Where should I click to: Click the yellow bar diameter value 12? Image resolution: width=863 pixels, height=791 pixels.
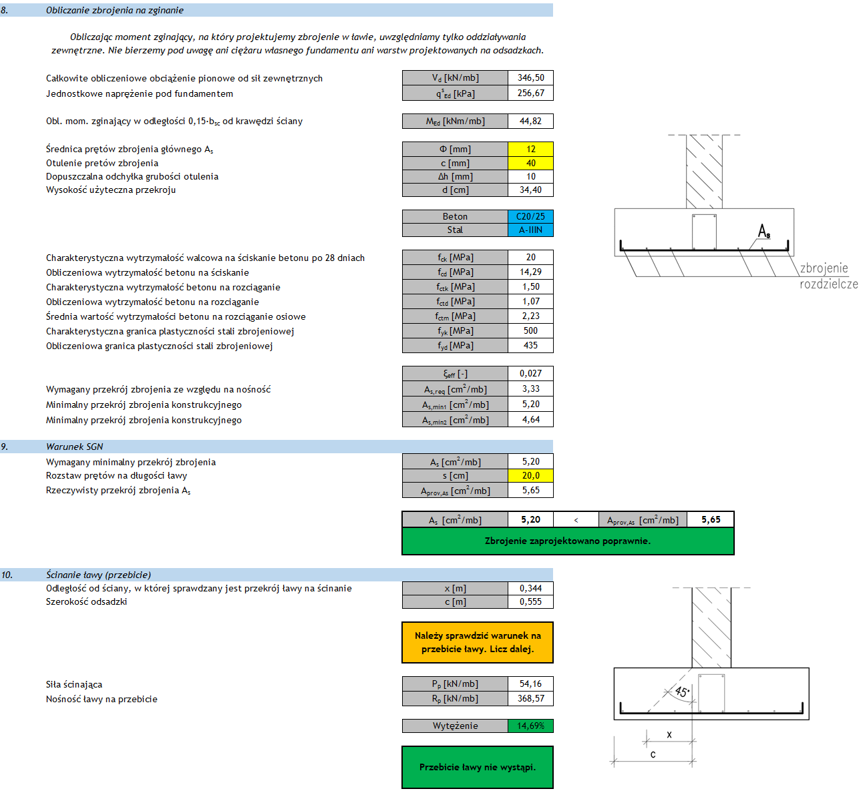530,149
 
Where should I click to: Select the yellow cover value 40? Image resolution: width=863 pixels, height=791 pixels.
530,163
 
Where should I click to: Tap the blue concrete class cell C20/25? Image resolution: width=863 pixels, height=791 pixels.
530,216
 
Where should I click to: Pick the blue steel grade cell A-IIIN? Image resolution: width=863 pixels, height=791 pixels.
530,230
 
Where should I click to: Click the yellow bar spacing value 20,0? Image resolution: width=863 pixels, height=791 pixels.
530,475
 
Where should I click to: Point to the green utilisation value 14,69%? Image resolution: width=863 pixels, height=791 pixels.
530,726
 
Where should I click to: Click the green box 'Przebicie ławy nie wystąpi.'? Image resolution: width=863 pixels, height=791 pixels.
477,767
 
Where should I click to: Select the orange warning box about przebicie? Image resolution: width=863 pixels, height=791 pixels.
477,642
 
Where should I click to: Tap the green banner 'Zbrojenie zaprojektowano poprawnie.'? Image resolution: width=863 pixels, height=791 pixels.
567,541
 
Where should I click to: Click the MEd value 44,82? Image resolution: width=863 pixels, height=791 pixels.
530,121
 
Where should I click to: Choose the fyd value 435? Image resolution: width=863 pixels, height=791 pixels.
530,345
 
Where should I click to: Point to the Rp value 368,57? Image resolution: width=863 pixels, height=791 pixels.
530,698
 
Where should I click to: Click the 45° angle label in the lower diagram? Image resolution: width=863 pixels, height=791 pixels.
682,692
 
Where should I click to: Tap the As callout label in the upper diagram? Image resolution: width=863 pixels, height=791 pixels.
764,231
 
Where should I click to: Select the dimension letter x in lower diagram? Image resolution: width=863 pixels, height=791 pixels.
669,735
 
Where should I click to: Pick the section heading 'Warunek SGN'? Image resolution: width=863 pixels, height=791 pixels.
74,447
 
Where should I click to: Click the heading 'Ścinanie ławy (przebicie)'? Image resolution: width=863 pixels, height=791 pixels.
98,575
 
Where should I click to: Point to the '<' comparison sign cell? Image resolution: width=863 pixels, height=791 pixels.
576,520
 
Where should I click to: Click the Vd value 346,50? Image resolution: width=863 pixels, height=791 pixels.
530,77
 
